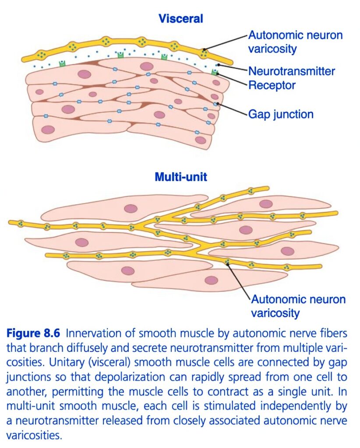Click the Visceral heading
click(181, 18)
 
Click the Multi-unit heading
click(181, 177)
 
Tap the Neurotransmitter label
click(291, 71)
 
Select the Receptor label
click(272, 85)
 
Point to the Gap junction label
click(281, 114)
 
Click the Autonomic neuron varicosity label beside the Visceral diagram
click(295, 42)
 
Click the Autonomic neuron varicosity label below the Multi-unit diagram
click(298, 306)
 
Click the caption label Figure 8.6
click(33, 333)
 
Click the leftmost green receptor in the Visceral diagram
click(62, 63)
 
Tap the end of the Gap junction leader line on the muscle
click(218, 103)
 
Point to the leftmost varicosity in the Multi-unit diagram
click(20, 224)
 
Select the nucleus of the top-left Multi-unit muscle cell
click(131, 209)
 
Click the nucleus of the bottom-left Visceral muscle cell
click(48, 130)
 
